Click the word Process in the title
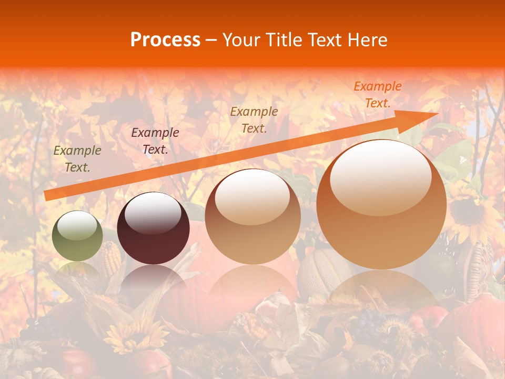(165, 40)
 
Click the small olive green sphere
(78, 236)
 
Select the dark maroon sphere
(153, 228)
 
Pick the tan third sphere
(252, 216)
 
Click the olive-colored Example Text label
(77, 159)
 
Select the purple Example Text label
(155, 141)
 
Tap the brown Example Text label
(254, 119)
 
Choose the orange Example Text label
(377, 95)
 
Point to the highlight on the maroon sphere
(153, 213)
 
